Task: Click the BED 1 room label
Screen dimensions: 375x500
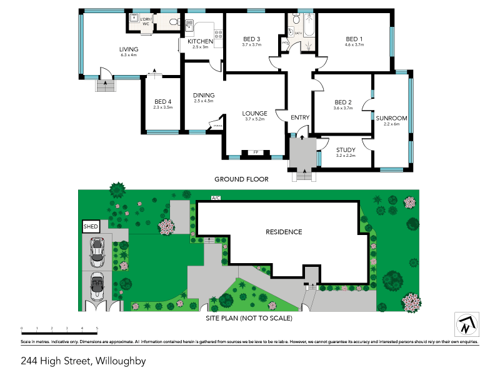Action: point(354,39)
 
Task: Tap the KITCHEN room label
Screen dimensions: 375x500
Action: point(200,41)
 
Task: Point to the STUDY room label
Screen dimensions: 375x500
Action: point(345,149)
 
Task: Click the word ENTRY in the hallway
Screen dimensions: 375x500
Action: point(300,117)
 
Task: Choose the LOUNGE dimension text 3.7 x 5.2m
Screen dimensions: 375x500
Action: point(254,119)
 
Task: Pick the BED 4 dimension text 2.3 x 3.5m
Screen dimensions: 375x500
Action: point(162,107)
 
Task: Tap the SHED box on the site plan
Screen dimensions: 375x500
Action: point(90,226)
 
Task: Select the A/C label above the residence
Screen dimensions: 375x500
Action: point(216,198)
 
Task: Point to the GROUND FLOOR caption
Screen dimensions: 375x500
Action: point(241,179)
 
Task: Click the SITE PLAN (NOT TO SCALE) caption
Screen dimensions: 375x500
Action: point(249,317)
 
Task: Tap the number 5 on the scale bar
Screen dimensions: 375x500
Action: point(97,328)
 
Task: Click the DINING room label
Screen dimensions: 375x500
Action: point(204,95)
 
